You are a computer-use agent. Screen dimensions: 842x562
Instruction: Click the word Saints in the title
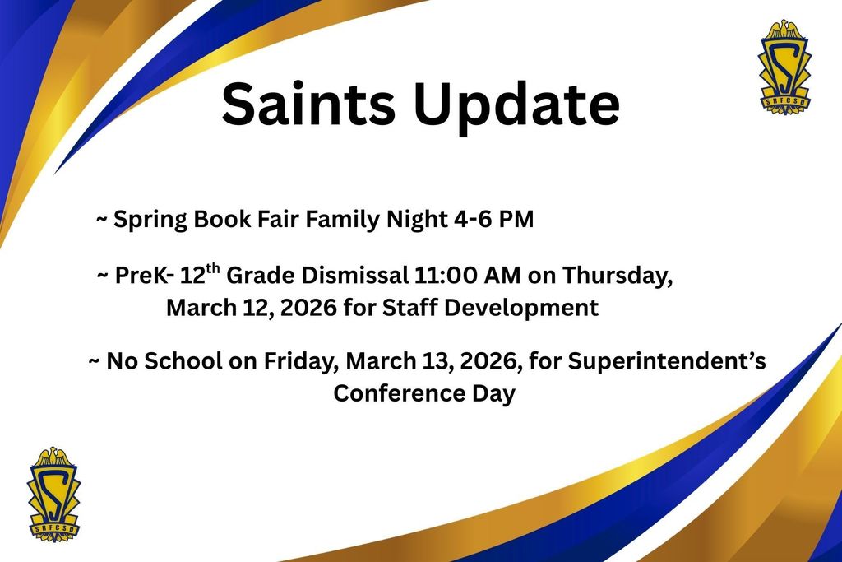pos(308,103)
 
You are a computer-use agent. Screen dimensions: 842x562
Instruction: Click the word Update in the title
pos(516,106)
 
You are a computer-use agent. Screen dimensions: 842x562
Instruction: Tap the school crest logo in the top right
pos(784,67)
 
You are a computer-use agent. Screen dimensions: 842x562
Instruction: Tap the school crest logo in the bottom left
pos(53,494)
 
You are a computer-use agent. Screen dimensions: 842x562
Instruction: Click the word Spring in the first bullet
pos(150,220)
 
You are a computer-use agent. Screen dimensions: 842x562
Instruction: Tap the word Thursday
pos(618,276)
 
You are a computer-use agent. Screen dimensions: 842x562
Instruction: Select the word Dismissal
pos(354,275)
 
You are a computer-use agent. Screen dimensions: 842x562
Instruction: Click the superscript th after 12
pos(213,267)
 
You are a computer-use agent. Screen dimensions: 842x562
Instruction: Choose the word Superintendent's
pos(667,361)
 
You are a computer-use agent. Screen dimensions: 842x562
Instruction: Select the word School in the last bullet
pos(183,360)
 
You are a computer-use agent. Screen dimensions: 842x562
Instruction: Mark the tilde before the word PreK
pos(102,276)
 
